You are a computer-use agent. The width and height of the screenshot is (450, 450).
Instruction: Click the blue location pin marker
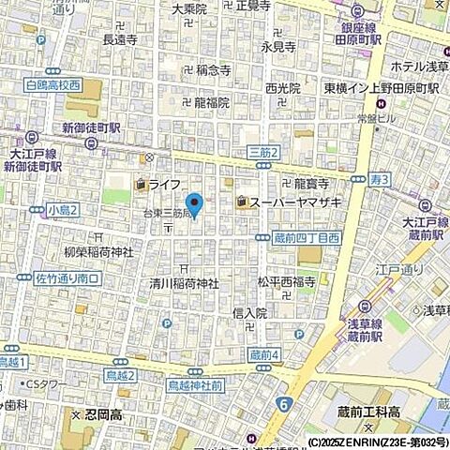coord(195,202)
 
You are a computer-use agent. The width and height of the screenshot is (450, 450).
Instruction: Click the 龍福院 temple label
coord(211,102)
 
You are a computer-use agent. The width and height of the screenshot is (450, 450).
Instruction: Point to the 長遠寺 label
coord(120,40)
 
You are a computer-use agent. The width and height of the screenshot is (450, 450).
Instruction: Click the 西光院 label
coord(282,88)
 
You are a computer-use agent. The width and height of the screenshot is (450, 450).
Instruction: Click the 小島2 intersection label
coord(64,209)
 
